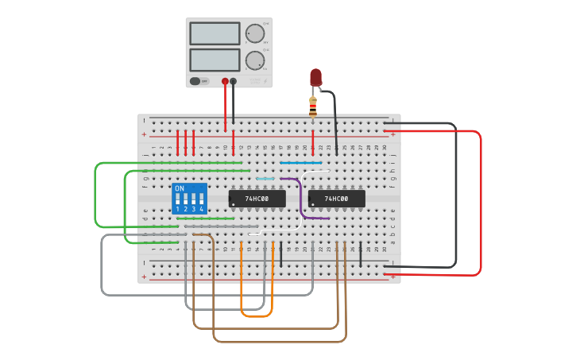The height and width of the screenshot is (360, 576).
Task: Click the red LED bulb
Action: pyautogui.click(x=315, y=76)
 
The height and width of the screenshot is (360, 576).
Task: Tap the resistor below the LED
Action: pyautogui.click(x=313, y=106)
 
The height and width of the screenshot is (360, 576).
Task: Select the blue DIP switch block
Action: pyautogui.click(x=189, y=198)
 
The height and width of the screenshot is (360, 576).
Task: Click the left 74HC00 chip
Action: pyautogui.click(x=257, y=198)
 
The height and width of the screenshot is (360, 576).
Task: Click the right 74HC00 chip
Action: pyautogui.click(x=336, y=198)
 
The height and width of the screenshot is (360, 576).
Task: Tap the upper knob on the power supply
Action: pyautogui.click(x=254, y=33)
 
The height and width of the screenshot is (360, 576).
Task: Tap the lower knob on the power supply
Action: pyautogui.click(x=254, y=60)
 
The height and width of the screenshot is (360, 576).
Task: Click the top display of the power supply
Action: pyautogui.click(x=215, y=33)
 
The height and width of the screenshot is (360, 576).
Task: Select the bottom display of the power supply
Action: pyautogui.click(x=215, y=60)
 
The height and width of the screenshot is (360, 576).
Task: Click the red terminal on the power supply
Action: pyautogui.click(x=225, y=81)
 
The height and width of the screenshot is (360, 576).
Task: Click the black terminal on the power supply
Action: pyautogui.click(x=234, y=81)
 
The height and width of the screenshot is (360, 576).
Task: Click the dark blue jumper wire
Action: pyautogui.click(x=300, y=162)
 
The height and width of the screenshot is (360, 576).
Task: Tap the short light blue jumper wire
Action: pyautogui.click(x=265, y=179)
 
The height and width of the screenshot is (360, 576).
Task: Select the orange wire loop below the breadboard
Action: pyautogui.click(x=257, y=315)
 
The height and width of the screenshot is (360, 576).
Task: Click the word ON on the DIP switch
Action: pyautogui.click(x=180, y=188)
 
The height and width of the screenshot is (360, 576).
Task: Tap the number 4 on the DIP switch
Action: pyautogui.click(x=202, y=209)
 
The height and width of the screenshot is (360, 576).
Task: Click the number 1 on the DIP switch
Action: pyautogui.click(x=178, y=209)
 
